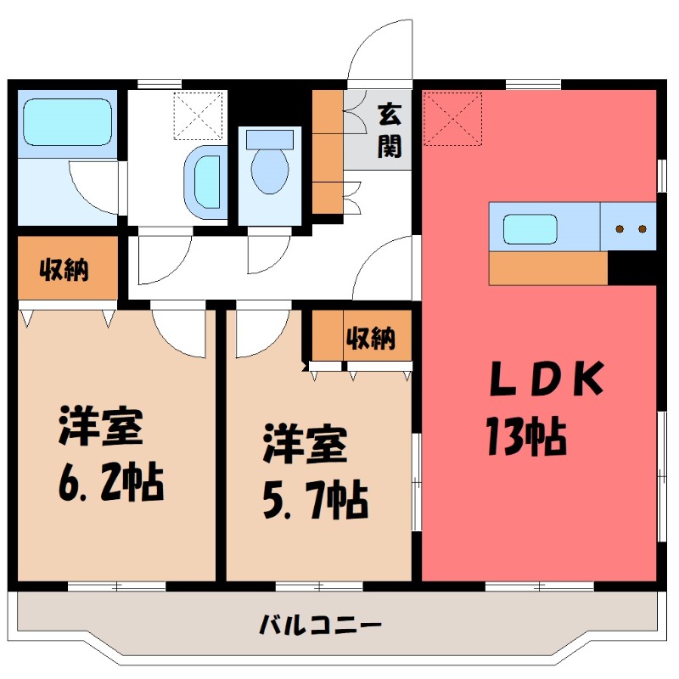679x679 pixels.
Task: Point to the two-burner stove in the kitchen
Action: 631,228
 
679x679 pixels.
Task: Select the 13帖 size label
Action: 526,436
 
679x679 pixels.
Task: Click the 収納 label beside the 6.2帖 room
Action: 65,270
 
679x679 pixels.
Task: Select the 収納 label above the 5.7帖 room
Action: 370,338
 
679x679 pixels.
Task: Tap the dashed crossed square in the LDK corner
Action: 452,120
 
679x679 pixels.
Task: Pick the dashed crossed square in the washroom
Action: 197,115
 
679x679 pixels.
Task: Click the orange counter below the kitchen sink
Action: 548,269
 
